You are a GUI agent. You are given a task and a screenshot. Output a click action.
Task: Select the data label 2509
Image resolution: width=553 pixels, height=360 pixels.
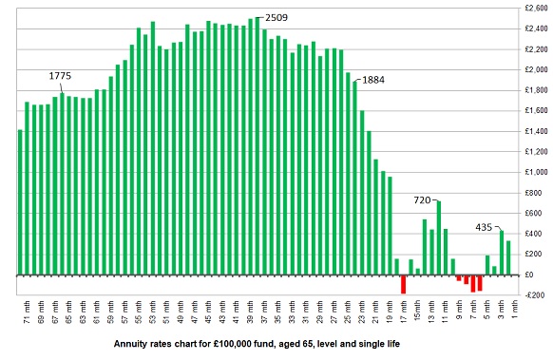(278, 17)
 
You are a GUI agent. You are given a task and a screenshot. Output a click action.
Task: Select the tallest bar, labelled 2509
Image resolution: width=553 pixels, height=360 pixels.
(257, 142)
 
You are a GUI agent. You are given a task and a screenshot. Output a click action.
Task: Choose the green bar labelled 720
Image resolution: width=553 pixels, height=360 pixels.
(438, 237)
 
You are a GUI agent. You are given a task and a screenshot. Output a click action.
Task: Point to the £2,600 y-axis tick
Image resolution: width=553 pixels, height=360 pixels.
(532, 9)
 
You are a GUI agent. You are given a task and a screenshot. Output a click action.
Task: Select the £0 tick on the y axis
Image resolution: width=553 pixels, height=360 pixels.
(538, 275)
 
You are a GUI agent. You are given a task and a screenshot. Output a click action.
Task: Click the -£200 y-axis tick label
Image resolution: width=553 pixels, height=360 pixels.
(534, 294)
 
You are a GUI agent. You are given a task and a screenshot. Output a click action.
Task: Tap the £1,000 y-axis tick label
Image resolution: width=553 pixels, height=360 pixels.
(532, 172)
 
